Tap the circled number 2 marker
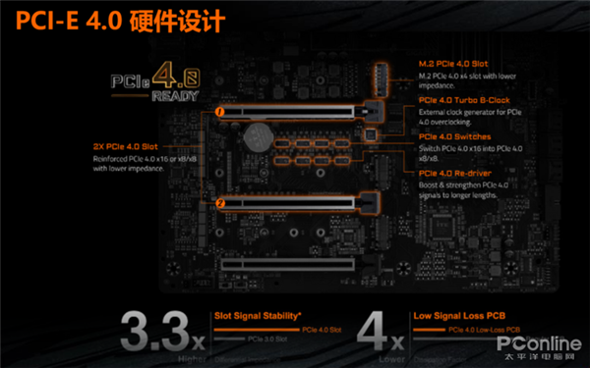click(x=221, y=203)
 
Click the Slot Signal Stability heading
click(x=259, y=316)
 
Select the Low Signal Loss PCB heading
click(x=460, y=316)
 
